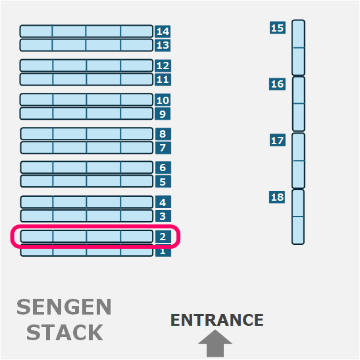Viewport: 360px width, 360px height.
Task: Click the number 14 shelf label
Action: [x=163, y=31]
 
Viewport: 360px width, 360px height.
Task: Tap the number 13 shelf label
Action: [x=163, y=45]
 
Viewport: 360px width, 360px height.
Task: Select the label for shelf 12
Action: [x=163, y=66]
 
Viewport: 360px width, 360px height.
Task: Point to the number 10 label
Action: [x=163, y=100]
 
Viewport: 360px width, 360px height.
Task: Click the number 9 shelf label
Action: [x=163, y=114]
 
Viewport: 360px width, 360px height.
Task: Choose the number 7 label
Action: [x=163, y=147]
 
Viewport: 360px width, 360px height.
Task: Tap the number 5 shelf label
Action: [x=163, y=182]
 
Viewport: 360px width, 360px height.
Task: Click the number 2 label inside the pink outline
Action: [x=163, y=236]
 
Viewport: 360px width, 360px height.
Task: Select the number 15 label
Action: [x=278, y=28]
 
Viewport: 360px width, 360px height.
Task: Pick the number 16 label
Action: [x=277, y=84]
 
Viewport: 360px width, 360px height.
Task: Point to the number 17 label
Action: [x=278, y=140]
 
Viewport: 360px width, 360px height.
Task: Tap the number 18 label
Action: [x=277, y=197]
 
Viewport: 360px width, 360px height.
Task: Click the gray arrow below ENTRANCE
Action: [x=215, y=344]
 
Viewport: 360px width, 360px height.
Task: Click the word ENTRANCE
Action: [x=217, y=320]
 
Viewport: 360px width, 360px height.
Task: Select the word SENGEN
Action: [x=64, y=307]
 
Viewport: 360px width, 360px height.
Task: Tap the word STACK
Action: [x=64, y=332]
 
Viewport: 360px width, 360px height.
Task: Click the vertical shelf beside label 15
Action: [x=299, y=47]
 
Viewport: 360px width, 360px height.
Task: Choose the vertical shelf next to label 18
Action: [x=298, y=217]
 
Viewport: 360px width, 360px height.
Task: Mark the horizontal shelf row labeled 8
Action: [x=87, y=134]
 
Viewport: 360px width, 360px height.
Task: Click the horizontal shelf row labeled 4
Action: [x=87, y=202]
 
